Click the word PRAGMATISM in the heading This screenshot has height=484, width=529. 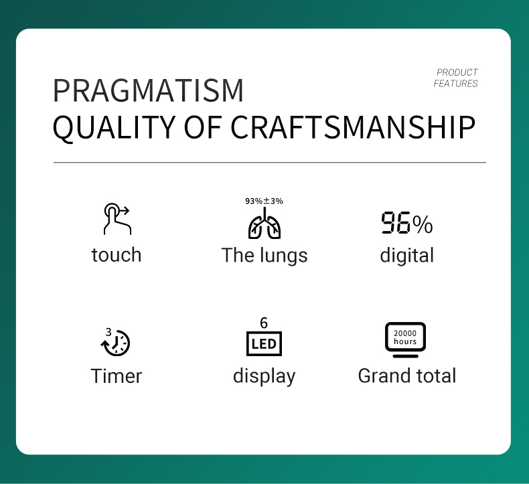[x=148, y=90]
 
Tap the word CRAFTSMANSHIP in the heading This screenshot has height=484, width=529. [x=353, y=127]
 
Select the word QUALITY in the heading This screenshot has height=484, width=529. [x=114, y=129]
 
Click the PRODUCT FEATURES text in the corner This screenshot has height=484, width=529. [x=456, y=78]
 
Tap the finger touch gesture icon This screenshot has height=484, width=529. [x=117, y=218]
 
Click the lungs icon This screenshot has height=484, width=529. [x=264, y=223]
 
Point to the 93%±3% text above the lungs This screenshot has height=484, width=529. [x=264, y=201]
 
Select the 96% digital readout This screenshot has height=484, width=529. [x=407, y=223]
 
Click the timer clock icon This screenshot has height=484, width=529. [x=115, y=342]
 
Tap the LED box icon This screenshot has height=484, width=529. [x=264, y=343]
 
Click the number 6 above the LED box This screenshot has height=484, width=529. [x=264, y=323]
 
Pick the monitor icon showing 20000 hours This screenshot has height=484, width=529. [x=405, y=339]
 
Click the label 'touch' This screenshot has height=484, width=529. [x=117, y=254]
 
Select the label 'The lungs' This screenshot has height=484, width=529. [x=264, y=256]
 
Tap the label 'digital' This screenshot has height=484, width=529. [x=407, y=255]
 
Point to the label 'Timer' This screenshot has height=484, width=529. [x=117, y=376]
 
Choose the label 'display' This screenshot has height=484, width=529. [x=264, y=377]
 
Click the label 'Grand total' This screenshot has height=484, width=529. [x=407, y=376]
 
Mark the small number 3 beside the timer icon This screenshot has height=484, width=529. [x=108, y=332]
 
